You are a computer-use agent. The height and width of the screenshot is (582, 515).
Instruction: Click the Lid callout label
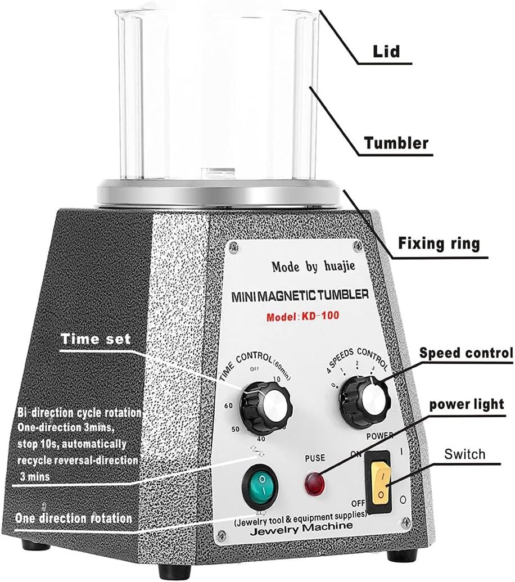[386, 51]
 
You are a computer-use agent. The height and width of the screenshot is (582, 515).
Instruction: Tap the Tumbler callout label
[396, 143]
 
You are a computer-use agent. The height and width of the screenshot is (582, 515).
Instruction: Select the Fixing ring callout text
[439, 243]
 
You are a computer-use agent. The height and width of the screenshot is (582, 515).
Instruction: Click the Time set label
[96, 339]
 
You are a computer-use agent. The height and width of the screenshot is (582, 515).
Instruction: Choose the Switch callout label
[464, 453]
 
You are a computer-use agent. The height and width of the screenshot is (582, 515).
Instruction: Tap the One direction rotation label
[74, 518]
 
